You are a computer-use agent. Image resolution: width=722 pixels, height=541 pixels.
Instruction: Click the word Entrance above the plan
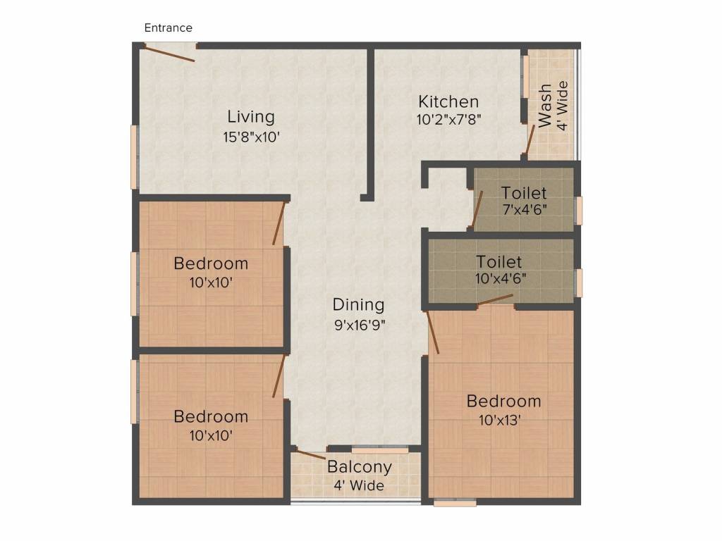click(169, 28)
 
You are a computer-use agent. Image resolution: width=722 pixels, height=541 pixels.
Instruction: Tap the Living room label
click(250, 117)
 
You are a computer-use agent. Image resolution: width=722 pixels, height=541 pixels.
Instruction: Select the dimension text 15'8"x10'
click(252, 137)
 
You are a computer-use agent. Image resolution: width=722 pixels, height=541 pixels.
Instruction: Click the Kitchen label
click(448, 101)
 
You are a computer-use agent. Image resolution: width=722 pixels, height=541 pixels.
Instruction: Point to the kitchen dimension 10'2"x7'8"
click(448, 119)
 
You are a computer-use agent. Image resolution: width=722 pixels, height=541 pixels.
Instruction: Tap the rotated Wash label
click(545, 106)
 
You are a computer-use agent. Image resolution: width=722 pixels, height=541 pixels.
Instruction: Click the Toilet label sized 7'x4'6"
click(524, 192)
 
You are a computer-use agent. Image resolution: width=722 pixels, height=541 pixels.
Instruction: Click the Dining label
click(359, 305)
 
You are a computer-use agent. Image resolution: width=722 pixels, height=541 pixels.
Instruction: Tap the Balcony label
click(359, 467)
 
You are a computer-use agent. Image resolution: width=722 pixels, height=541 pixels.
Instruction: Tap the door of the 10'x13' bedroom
click(433, 331)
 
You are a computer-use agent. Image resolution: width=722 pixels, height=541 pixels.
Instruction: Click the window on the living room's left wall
click(134, 157)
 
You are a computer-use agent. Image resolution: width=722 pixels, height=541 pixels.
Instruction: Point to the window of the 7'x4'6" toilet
click(579, 210)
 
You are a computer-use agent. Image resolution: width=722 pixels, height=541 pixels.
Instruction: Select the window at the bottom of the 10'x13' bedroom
click(455, 503)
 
